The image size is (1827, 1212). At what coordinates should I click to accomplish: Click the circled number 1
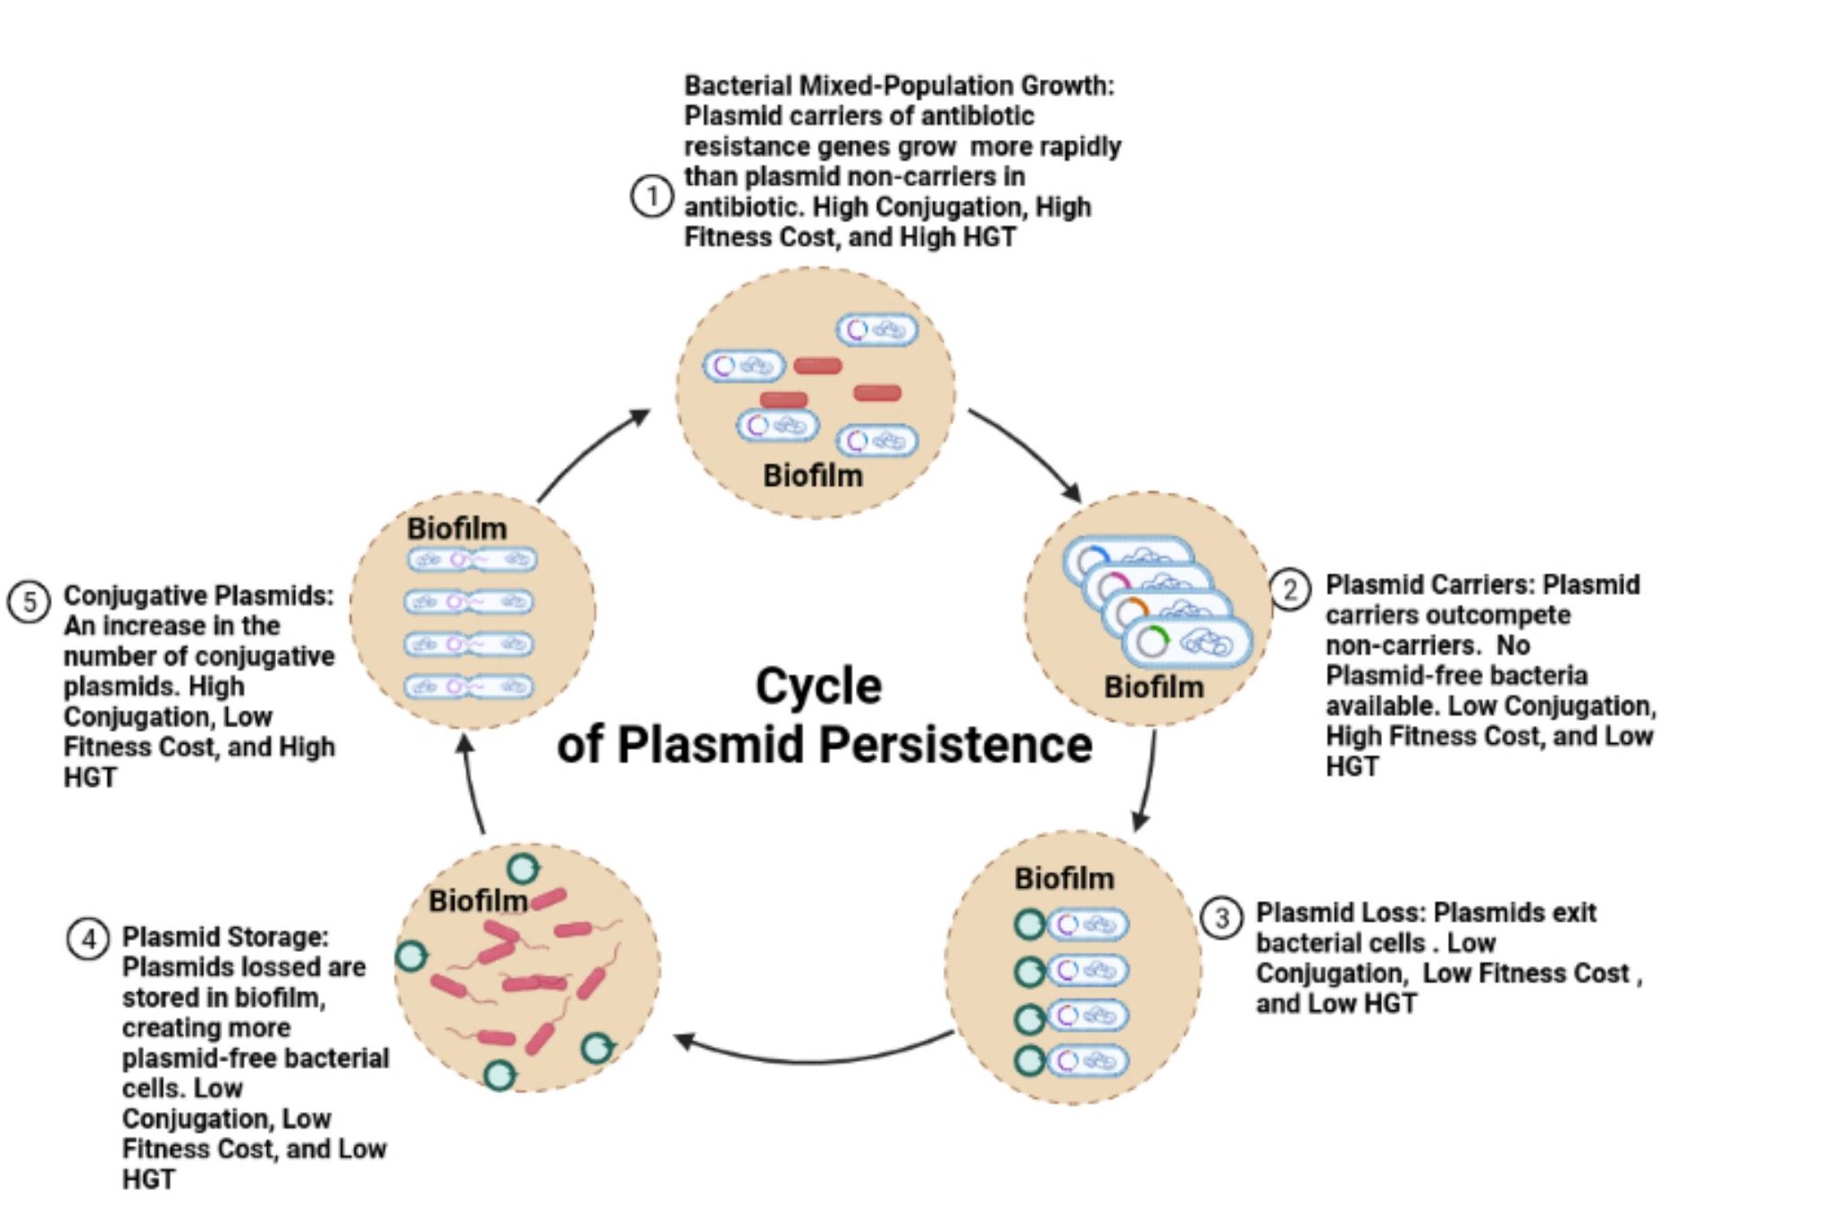651,196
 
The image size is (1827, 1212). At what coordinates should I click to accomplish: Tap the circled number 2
1290,589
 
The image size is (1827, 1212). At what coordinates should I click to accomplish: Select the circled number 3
1221,917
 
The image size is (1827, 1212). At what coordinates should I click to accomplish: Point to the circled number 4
88,939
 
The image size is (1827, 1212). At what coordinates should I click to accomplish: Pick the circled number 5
29,602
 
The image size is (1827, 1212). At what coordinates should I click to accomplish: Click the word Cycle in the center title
818,686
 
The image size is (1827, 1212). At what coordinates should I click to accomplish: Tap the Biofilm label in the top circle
812,475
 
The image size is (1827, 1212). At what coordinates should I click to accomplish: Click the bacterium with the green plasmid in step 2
1188,643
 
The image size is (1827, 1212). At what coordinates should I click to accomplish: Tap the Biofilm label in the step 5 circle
457,528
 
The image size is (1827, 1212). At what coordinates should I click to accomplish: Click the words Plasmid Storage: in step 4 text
225,937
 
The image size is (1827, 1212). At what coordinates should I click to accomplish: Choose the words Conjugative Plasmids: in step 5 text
198,596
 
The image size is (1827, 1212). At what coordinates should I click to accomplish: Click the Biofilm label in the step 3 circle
1063,878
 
